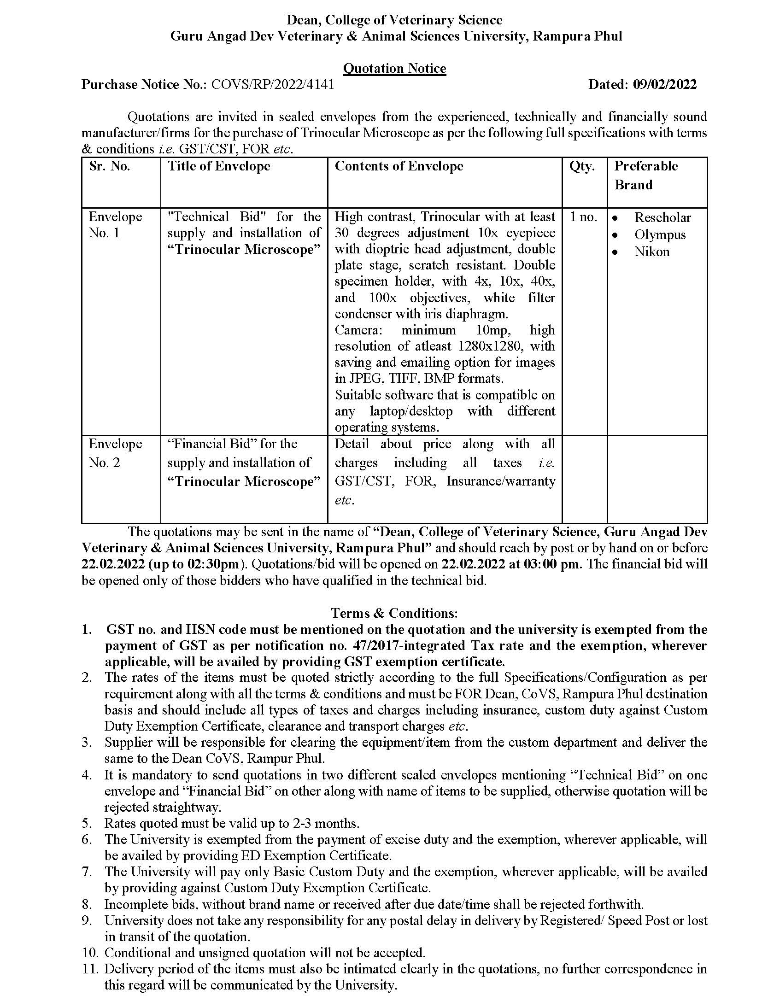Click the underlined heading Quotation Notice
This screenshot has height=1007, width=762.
click(394, 68)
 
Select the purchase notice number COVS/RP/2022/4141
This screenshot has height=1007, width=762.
click(272, 84)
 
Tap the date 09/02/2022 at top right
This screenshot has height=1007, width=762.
click(665, 84)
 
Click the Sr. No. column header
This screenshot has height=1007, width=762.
click(110, 166)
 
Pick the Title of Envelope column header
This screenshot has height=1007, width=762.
click(219, 166)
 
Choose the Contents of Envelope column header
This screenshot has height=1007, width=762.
click(399, 166)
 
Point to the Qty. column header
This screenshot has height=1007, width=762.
click(582, 166)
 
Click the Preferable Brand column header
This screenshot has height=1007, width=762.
click(646, 175)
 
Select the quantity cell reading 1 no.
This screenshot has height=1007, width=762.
click(583, 217)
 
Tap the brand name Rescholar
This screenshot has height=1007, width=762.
click(662, 217)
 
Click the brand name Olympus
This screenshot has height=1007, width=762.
click(660, 234)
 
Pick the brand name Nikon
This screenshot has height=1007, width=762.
click(652, 252)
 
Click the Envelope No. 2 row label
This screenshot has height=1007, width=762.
click(115, 453)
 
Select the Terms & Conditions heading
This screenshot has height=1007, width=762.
click(394, 613)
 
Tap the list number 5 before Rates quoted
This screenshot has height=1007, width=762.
click(87, 823)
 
